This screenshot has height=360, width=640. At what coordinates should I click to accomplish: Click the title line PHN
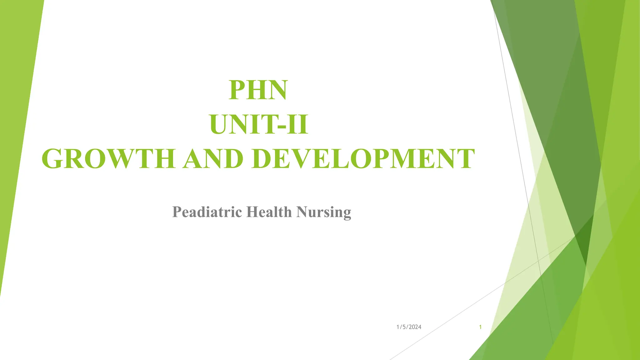point(258,90)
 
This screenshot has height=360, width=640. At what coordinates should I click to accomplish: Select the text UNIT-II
point(259,125)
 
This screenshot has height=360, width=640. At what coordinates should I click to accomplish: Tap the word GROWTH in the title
point(108,159)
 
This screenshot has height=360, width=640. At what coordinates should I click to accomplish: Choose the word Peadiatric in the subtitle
point(207,212)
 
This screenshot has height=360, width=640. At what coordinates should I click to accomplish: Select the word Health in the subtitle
point(269,212)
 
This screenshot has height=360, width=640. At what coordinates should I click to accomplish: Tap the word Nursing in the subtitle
point(324,212)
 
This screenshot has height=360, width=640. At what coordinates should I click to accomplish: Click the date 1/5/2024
point(409,327)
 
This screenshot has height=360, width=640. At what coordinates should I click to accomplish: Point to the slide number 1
point(480,327)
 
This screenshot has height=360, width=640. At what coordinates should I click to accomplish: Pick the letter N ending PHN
point(276,90)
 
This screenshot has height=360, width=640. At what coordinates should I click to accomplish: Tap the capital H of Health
point(252,212)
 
